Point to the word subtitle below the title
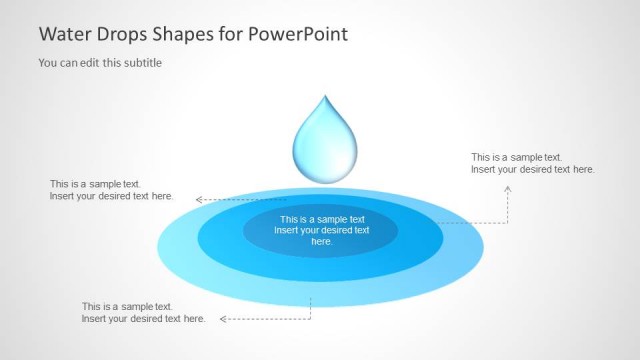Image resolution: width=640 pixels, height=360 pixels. (x=140, y=63)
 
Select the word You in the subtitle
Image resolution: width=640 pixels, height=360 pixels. (x=48, y=63)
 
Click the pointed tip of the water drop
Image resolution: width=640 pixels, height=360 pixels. (x=322, y=97)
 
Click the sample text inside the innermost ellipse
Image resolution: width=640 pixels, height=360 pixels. (x=321, y=230)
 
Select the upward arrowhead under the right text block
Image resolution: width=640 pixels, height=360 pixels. (x=508, y=183)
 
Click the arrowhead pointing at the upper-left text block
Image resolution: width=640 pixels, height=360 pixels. (x=199, y=200)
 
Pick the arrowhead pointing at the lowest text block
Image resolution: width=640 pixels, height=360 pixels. (x=223, y=319)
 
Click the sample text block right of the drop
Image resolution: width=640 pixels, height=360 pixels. (x=532, y=163)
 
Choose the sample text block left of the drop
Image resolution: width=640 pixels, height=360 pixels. (x=111, y=190)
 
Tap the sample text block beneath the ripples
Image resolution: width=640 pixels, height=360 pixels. (x=143, y=313)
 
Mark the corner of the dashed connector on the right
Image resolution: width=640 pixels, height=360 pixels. (x=508, y=222)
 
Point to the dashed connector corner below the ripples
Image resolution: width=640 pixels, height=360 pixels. (x=311, y=319)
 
